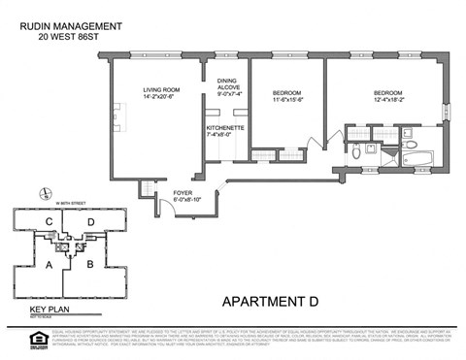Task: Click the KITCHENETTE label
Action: tap(224, 131)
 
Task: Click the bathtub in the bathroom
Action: tap(420, 152)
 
